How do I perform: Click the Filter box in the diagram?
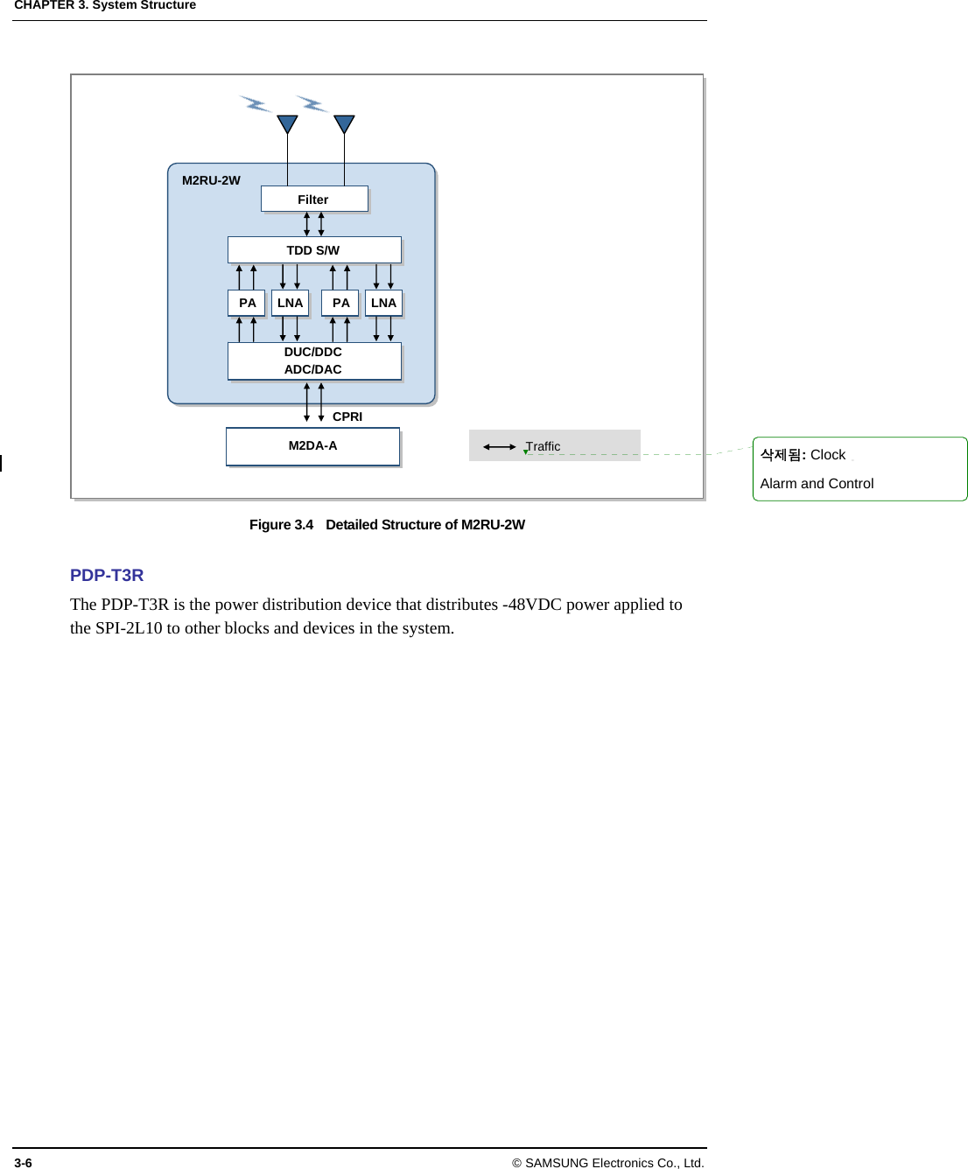click(313, 199)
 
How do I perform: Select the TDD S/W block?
click(313, 250)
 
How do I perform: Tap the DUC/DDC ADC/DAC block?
click(313, 360)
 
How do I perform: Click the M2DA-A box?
click(312, 446)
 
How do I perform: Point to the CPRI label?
click(347, 416)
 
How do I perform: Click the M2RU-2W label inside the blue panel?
click(211, 180)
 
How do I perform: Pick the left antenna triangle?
click(287, 123)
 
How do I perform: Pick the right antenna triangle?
click(344, 123)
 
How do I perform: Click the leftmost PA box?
click(247, 303)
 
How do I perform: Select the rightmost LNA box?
click(383, 303)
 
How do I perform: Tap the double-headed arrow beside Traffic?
click(499, 446)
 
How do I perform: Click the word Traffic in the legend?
click(544, 446)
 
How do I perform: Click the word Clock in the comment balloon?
click(827, 455)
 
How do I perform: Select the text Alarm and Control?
click(817, 484)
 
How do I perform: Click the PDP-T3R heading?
click(107, 575)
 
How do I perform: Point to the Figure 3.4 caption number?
click(281, 525)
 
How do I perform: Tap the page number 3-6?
click(23, 1163)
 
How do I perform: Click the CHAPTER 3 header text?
click(53, 5)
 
